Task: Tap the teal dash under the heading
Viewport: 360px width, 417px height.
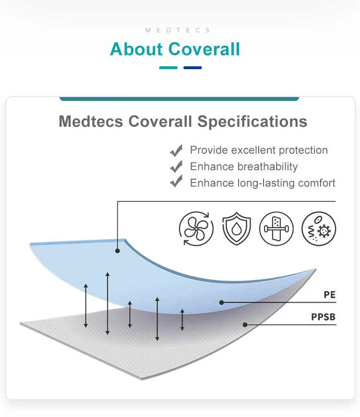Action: (x=168, y=68)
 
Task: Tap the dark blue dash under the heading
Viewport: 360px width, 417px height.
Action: (x=192, y=68)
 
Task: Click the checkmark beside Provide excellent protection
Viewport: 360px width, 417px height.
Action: (x=176, y=151)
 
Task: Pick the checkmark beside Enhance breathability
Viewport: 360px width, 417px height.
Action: (x=176, y=167)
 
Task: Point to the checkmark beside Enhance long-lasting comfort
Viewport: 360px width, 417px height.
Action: (x=176, y=183)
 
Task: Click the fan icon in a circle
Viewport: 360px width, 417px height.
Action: (x=196, y=229)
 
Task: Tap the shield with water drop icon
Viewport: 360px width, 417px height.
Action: (x=236, y=229)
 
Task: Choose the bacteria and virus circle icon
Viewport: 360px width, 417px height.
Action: (x=319, y=229)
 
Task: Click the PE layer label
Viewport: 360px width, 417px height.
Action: (x=329, y=295)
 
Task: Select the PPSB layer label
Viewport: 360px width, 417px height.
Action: (x=323, y=317)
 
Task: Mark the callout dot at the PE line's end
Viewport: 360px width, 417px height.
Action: (x=221, y=302)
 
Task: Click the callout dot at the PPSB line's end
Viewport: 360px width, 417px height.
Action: (x=245, y=325)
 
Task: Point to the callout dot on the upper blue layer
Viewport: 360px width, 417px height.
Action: (x=118, y=250)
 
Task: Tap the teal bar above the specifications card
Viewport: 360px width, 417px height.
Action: (x=179, y=98)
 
